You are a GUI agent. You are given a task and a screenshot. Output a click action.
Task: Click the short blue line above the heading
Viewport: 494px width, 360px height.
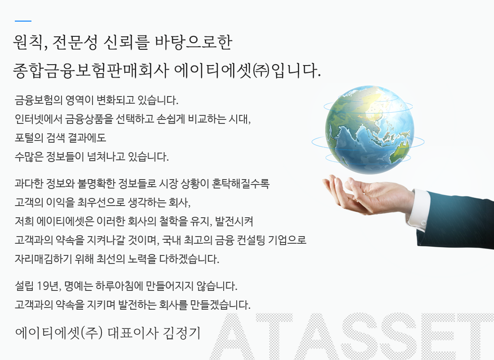[x=23, y=21]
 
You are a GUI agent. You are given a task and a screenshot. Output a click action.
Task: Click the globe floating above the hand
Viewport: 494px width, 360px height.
[x=368, y=130]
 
